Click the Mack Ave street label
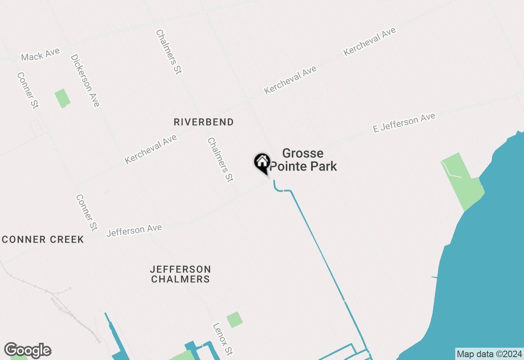click(41, 54)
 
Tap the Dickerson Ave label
click(85, 80)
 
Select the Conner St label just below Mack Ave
click(28, 90)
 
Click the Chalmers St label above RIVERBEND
click(168, 52)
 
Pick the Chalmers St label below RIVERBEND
click(220, 160)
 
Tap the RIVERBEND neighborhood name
click(203, 122)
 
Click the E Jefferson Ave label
click(404, 123)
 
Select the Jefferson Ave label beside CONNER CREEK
click(134, 230)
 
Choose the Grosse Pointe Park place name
click(303, 160)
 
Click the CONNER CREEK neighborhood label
click(43, 240)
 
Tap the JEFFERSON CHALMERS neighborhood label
click(181, 274)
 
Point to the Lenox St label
click(223, 339)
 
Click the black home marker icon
click(262, 162)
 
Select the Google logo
click(27, 351)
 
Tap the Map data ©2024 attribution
click(489, 354)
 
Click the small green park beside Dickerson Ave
click(62, 98)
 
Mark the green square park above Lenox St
click(234, 319)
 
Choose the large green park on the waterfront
click(463, 182)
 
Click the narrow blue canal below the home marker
click(317, 245)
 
